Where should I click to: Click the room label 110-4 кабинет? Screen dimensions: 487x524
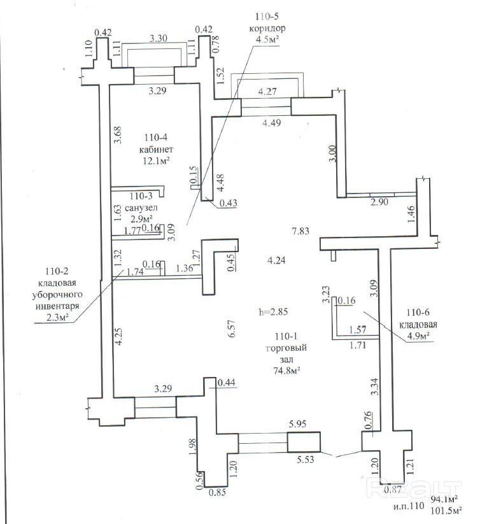[x=156, y=144]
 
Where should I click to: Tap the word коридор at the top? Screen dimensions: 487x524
[x=267, y=28]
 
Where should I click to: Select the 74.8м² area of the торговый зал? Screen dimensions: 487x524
[x=286, y=371]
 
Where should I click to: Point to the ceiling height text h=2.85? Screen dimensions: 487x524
[x=273, y=312]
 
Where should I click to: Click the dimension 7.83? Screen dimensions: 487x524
[x=300, y=231]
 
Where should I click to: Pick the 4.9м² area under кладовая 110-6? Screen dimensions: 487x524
[x=418, y=336]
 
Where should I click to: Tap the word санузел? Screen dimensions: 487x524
[x=141, y=208]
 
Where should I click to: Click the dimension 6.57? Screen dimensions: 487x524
[x=231, y=329]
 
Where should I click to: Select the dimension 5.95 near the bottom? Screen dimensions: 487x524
[x=297, y=424]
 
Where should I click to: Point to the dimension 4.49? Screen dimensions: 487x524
[x=271, y=123]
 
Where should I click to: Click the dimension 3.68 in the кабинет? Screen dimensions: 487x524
[x=118, y=135]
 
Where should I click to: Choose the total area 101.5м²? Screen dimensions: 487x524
[x=446, y=511]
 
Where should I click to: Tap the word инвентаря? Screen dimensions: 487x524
[x=57, y=306]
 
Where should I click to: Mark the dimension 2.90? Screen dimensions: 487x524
[x=379, y=202]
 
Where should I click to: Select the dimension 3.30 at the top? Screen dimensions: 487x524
[x=158, y=38]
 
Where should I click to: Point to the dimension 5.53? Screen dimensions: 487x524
[x=306, y=460]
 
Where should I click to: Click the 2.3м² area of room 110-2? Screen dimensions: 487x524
[x=57, y=318]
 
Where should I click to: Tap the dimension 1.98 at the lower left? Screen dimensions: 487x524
[x=192, y=446]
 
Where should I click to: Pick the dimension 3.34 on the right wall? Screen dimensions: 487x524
[x=375, y=386]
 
